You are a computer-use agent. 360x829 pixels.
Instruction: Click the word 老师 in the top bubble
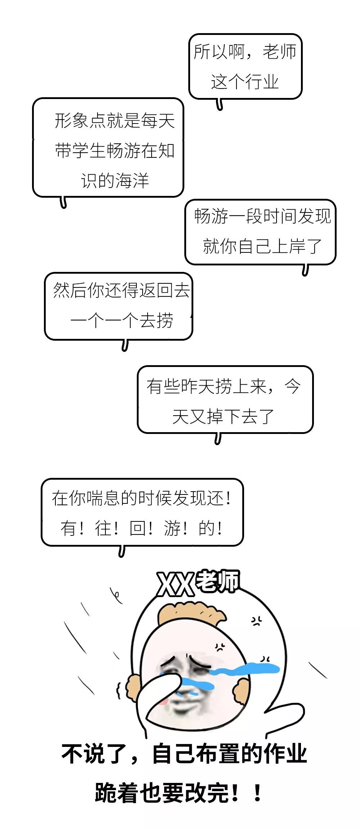(x=280, y=51)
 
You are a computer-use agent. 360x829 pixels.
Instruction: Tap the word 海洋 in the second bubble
(x=132, y=180)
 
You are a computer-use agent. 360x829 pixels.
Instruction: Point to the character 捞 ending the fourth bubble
(x=165, y=320)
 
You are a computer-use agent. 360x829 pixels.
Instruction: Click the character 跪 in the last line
(x=107, y=793)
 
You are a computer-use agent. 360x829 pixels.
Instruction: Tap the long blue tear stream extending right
(x=248, y=669)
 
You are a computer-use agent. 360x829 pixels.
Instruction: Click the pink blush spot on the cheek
(x=163, y=701)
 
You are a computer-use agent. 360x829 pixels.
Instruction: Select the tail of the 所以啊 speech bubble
(x=220, y=105)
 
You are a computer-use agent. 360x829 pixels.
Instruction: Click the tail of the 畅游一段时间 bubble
(x=305, y=270)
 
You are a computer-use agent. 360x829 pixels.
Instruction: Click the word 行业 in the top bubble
(x=262, y=82)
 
